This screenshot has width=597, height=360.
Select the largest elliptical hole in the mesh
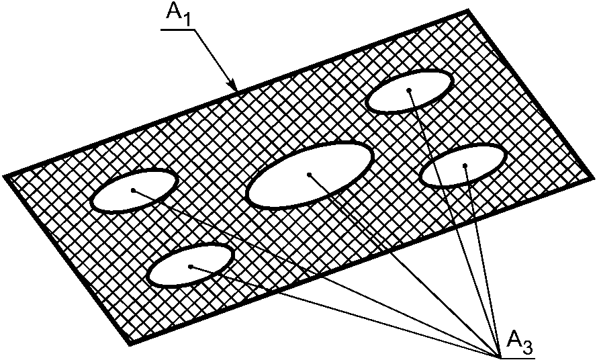pyautogui.click(x=310, y=175)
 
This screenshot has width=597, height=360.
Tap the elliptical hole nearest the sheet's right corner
pyautogui.click(x=463, y=165)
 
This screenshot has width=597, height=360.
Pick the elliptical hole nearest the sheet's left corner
pyautogui.click(x=134, y=190)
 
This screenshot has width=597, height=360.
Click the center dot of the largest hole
pyautogui.click(x=309, y=175)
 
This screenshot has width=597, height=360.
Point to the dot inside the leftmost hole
pyautogui.click(x=134, y=190)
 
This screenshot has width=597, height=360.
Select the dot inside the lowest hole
pyautogui.click(x=191, y=267)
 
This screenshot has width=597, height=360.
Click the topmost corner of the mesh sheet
pyautogui.click(x=467, y=11)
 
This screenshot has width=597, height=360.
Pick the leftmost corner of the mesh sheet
pyautogui.click(x=5, y=176)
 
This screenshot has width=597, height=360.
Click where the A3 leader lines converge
pyautogui.click(x=498, y=355)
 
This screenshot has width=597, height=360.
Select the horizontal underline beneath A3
pyautogui.click(x=516, y=357)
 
